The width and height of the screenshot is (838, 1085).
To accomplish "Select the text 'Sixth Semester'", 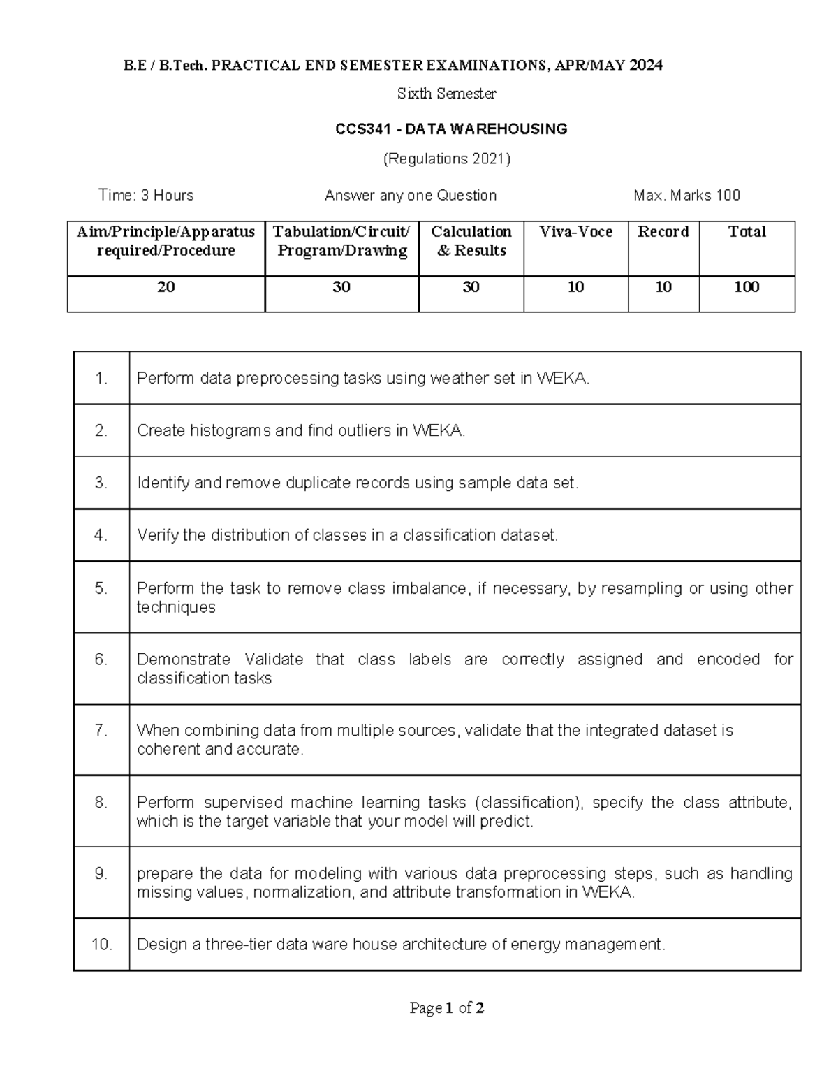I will pyautogui.click(x=446, y=94).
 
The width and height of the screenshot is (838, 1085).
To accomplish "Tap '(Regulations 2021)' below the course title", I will pyautogui.click(x=446, y=159).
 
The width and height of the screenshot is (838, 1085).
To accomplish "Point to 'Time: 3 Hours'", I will pyautogui.click(x=146, y=196).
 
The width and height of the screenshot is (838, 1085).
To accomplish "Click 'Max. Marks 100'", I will pyautogui.click(x=686, y=196).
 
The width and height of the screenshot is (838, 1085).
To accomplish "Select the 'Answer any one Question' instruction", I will pyautogui.click(x=411, y=196).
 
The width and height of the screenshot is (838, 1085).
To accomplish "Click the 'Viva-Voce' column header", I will pyautogui.click(x=575, y=232).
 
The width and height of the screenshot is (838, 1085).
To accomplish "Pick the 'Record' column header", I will pyautogui.click(x=663, y=232).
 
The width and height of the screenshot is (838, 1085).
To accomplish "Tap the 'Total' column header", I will pyautogui.click(x=747, y=232).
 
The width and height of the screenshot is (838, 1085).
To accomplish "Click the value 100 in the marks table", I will pyautogui.click(x=747, y=287).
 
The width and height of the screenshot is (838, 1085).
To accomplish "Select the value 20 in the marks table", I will pyautogui.click(x=166, y=287).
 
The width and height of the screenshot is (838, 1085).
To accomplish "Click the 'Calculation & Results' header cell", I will pyautogui.click(x=471, y=241).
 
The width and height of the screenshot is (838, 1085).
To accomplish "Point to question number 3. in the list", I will pyautogui.click(x=101, y=483).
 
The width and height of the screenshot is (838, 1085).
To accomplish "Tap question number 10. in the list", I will pyautogui.click(x=101, y=945).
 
